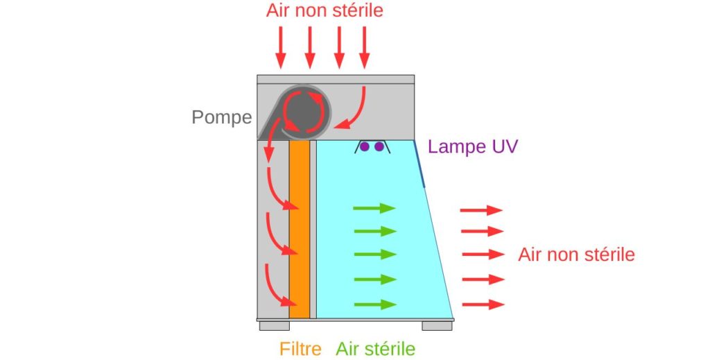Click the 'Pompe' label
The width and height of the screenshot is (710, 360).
point(222,117)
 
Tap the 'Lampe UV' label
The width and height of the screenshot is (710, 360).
point(473,147)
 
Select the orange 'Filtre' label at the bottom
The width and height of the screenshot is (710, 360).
point(300,349)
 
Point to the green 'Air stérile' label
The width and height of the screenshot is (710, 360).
point(375,349)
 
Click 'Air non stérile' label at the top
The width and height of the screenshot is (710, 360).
point(324,10)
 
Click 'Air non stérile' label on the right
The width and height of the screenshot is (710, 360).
point(576,255)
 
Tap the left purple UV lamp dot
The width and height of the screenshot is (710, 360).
point(365,147)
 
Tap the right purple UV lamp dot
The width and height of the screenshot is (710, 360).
point(379,147)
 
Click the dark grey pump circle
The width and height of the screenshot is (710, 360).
point(304,112)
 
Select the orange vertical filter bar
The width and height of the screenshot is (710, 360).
point(300,229)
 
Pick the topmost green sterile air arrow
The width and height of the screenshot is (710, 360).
point(374,208)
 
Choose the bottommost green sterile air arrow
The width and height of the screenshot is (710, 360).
point(375,305)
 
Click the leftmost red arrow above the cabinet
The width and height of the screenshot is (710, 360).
point(281,48)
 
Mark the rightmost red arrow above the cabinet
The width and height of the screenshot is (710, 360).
point(365,48)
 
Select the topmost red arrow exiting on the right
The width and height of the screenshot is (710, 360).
point(481,210)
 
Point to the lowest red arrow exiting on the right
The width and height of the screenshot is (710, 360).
point(483,305)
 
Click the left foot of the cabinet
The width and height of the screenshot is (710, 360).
point(275,325)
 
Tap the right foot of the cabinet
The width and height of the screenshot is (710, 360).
point(437,325)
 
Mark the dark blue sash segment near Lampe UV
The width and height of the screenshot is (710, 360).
point(419,164)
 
